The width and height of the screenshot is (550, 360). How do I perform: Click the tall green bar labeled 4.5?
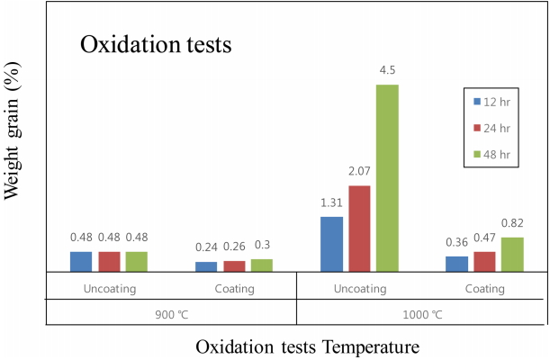point(387,177)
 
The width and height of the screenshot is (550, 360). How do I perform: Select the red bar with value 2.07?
point(359,228)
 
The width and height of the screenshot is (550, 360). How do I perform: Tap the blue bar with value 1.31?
point(331,244)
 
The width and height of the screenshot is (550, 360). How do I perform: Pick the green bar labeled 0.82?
point(512,254)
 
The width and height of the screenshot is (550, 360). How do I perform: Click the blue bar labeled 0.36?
point(456,264)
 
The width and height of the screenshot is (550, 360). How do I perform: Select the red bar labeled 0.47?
point(484,261)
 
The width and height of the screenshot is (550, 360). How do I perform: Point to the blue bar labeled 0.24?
point(206,266)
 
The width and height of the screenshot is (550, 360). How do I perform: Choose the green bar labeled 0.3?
point(261,265)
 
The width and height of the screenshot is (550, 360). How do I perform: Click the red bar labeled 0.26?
point(234,266)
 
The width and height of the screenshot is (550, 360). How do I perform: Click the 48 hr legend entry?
point(495,155)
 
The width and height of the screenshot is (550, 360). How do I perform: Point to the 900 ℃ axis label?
point(171,315)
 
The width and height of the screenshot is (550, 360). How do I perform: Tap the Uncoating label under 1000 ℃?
point(359,289)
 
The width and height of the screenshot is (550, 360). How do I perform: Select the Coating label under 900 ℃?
point(234,289)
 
